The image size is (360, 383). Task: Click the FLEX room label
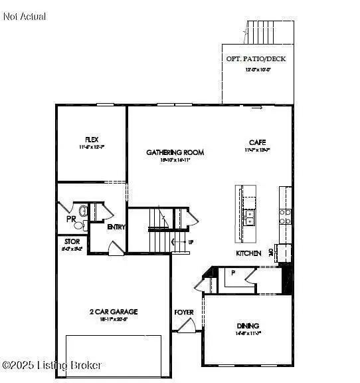(91, 140)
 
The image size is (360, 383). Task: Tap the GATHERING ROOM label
(175, 152)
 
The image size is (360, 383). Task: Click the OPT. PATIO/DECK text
(256, 59)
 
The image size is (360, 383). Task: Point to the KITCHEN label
(248, 253)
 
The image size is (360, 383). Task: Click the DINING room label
(248, 326)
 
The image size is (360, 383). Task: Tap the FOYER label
(184, 312)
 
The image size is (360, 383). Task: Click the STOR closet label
(72, 241)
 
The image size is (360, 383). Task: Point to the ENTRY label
(117, 227)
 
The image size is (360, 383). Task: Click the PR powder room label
(71, 219)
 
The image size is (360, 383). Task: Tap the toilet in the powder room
(83, 211)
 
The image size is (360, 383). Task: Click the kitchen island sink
(249, 217)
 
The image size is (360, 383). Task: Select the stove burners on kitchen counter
(285, 215)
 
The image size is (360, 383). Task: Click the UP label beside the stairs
(191, 242)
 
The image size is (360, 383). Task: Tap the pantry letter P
(233, 272)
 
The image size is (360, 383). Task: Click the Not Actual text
(25, 16)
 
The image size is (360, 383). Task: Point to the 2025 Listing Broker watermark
(52, 365)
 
